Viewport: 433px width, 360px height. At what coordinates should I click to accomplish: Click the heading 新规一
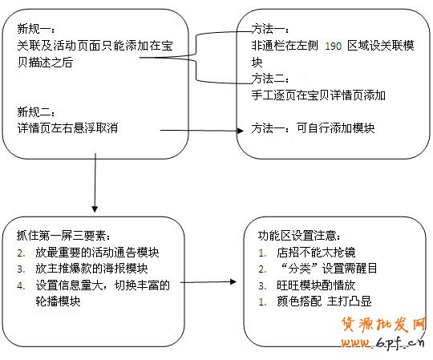coord(33,29)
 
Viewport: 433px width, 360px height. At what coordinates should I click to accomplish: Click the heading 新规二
coord(33,111)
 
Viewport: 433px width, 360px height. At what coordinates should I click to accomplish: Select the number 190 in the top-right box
coord(334,46)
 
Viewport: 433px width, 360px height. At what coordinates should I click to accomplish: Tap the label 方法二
coord(267,79)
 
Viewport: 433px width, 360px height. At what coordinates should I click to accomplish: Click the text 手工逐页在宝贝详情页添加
coord(318,95)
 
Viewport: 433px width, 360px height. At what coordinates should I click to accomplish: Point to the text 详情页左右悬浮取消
coord(67,128)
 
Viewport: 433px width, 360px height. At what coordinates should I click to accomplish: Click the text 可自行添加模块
coord(335,128)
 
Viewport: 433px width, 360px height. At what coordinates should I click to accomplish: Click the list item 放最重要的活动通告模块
coord(97,253)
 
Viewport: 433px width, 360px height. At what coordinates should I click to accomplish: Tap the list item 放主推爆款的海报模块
coord(91,269)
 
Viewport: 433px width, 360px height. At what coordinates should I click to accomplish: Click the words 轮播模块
coord(58,301)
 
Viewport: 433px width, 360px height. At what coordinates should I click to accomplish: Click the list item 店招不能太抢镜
coord(316,253)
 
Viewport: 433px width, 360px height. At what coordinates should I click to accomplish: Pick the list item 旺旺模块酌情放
coord(316,285)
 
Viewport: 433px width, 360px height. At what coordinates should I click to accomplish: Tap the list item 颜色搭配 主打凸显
coord(324,301)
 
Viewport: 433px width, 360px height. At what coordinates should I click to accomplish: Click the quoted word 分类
coord(300,269)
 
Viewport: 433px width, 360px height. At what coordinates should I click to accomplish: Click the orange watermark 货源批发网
coord(383,324)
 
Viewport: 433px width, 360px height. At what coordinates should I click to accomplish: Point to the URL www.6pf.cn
coord(382,343)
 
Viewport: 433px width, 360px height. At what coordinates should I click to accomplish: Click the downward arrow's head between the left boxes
coord(95,209)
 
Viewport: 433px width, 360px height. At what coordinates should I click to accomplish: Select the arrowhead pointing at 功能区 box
coord(233,281)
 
